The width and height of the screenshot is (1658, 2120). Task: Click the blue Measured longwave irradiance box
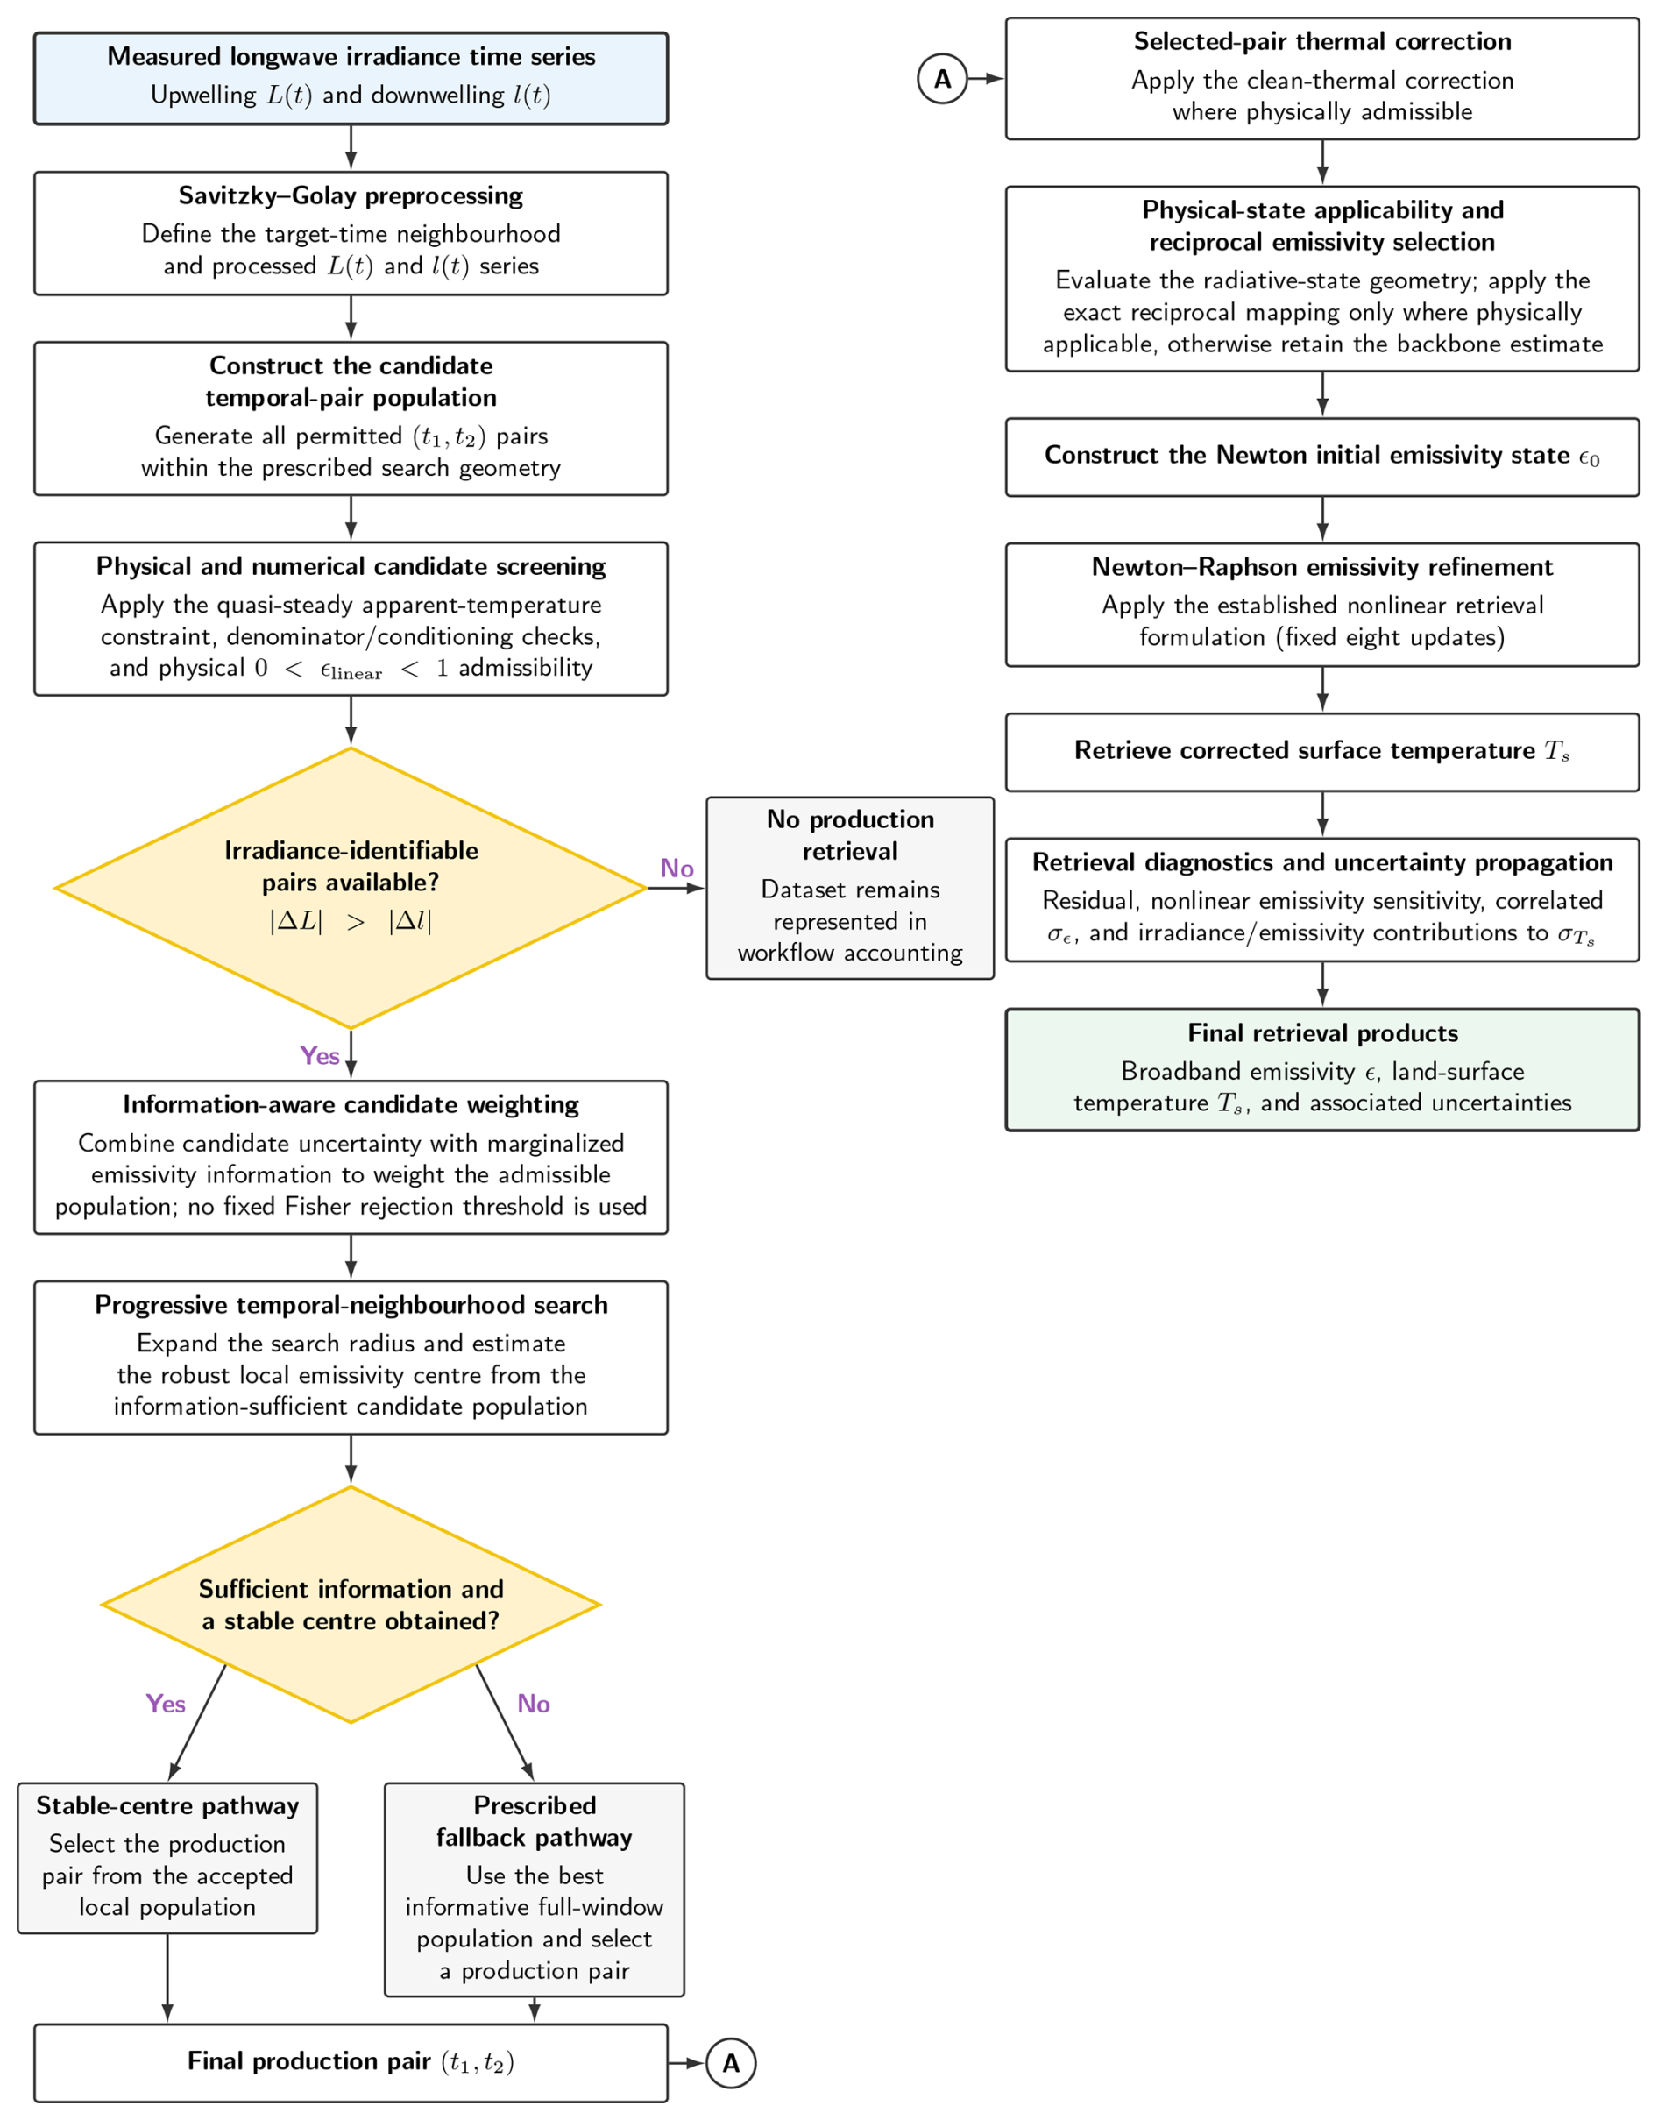(x=351, y=79)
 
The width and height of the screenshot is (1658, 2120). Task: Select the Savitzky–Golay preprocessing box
(x=351, y=233)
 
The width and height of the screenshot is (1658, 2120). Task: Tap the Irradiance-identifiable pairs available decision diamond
(x=351, y=887)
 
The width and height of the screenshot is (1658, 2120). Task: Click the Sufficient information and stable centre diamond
(x=351, y=1605)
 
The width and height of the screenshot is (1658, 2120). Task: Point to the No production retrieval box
(x=850, y=887)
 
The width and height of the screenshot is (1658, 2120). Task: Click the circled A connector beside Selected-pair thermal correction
(x=941, y=79)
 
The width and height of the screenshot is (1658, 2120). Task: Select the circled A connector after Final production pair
(x=730, y=2063)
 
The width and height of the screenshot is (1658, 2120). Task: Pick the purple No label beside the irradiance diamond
(x=677, y=868)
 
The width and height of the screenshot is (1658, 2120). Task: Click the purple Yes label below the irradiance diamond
(x=319, y=1055)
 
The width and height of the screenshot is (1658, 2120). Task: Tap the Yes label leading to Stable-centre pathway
(x=165, y=1704)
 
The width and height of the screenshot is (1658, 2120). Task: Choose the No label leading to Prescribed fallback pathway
(x=533, y=1704)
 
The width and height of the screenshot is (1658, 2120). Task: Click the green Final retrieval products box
(x=1322, y=1070)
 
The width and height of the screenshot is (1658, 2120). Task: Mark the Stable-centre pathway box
(x=167, y=1858)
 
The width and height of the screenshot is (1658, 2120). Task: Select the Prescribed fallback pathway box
(x=534, y=1890)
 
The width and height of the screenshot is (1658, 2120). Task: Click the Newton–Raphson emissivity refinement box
(x=1322, y=604)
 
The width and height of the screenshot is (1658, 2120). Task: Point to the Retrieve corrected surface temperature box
(x=1322, y=752)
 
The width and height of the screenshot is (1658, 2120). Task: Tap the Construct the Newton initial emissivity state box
(x=1322, y=457)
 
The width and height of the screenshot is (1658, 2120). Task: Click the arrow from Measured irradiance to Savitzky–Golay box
(x=351, y=147)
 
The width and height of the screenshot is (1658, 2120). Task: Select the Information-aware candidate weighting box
(x=351, y=1157)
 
